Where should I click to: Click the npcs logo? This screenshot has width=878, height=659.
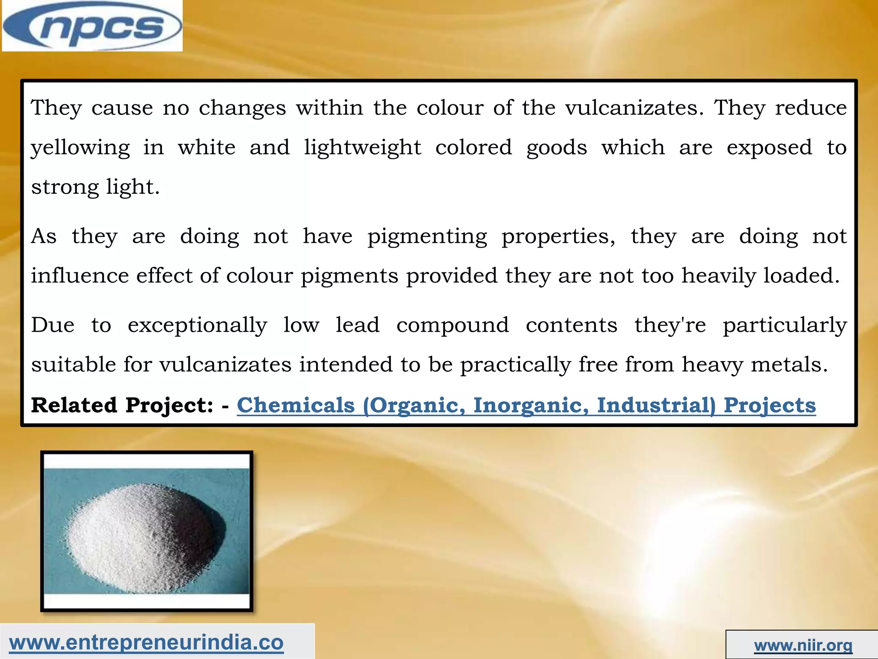click(92, 27)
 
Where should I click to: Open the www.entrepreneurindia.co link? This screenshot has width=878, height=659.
click(146, 643)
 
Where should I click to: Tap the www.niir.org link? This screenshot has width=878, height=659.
click(803, 645)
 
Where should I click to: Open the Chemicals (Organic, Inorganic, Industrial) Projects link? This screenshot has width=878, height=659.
click(526, 405)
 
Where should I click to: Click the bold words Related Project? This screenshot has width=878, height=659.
click(122, 405)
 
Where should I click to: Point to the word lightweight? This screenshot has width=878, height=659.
click(363, 148)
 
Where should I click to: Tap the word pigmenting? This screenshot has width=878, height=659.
click(427, 237)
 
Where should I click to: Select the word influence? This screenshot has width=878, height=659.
click(80, 275)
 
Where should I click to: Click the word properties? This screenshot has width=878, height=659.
click(558, 237)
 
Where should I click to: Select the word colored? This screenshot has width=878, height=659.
click(473, 148)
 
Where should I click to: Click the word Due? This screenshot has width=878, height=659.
click(53, 325)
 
